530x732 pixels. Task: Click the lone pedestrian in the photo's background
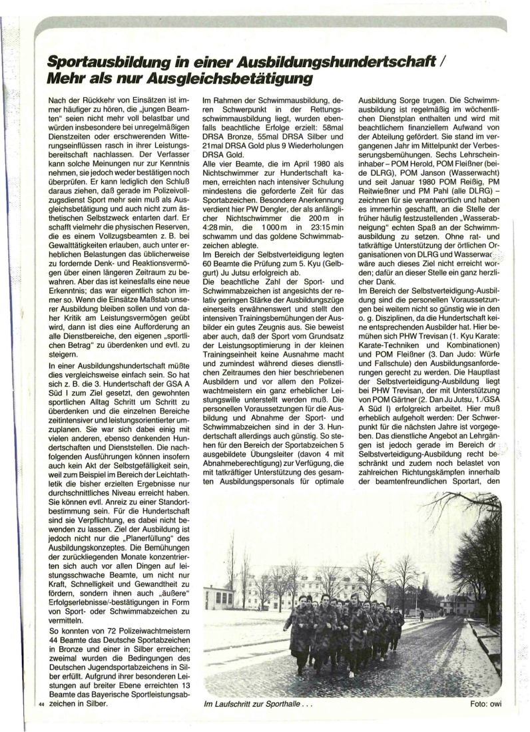tap(421, 616)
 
